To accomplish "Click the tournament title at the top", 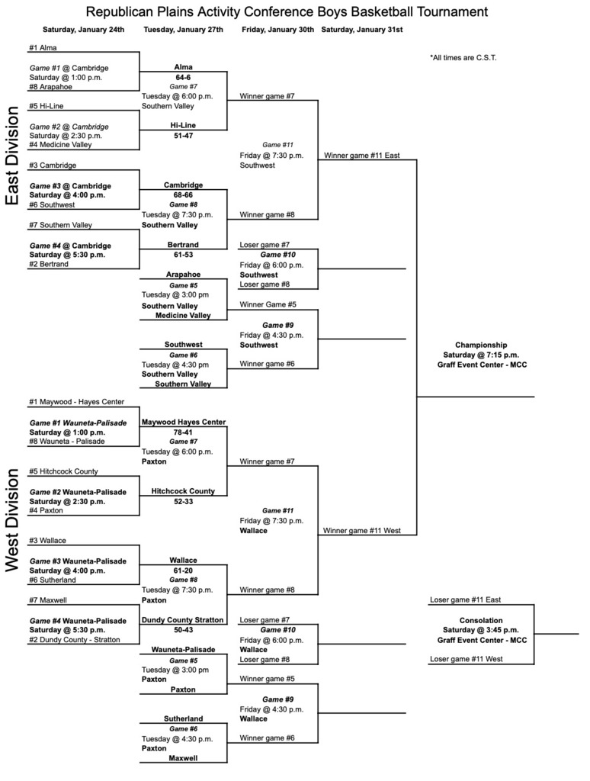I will [287, 12].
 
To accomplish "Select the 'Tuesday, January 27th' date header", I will [183, 30].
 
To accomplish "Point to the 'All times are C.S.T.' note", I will [463, 57].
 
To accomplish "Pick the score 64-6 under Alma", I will [183, 77].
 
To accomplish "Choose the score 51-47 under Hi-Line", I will [183, 137].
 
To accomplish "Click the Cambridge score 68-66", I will [183, 194].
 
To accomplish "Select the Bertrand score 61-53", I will [183, 256].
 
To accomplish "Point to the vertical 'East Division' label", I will [12, 156].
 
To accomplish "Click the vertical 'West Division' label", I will [12, 519].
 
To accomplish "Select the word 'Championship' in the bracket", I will [481, 345].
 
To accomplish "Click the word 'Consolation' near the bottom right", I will [481, 620].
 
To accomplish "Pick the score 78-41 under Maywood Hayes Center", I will [183, 432].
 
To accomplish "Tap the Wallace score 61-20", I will [183, 570].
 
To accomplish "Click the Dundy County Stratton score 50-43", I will [183, 630].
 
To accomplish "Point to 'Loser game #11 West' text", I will [466, 658].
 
